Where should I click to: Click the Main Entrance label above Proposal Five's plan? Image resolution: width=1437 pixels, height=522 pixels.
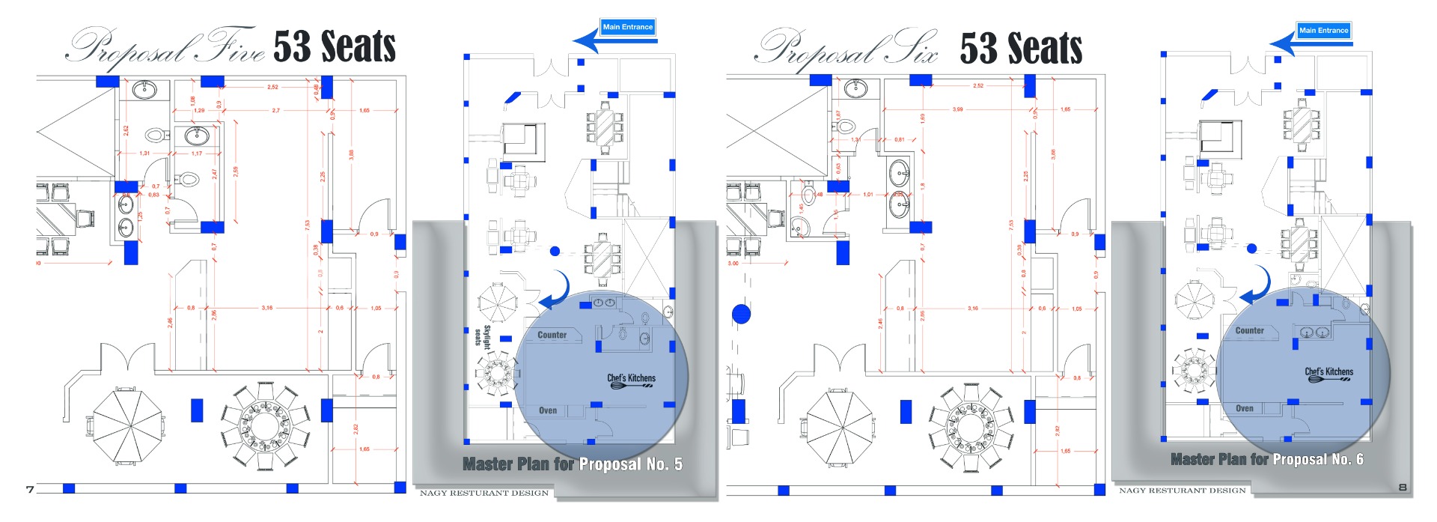click(628, 27)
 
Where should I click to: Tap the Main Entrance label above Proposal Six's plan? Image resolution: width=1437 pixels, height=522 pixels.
click(1323, 31)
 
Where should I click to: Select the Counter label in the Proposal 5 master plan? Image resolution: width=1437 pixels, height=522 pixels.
click(552, 335)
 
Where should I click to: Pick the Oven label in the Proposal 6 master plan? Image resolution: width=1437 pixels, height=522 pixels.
click(1244, 408)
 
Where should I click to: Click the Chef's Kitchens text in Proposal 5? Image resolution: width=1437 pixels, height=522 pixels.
click(631, 378)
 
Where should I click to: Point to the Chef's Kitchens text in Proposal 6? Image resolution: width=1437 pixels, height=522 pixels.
click(1328, 371)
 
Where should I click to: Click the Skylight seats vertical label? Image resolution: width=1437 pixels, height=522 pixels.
click(482, 336)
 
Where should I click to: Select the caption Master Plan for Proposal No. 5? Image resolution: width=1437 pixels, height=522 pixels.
click(573, 464)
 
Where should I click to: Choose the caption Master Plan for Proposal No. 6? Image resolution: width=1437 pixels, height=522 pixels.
click(1266, 459)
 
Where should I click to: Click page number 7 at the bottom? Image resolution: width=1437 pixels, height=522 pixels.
click(30, 490)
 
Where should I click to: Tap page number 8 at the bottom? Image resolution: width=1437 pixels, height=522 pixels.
click(1402, 488)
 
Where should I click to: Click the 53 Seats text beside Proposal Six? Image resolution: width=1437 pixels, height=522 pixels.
click(1021, 49)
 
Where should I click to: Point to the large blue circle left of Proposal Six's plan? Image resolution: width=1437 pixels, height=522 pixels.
click(741, 314)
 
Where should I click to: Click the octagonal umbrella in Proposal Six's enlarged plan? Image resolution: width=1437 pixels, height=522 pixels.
click(838, 428)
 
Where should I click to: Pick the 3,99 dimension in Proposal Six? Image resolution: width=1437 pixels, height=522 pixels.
click(957, 109)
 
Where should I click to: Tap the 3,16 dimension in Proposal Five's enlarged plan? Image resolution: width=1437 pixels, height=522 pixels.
click(267, 308)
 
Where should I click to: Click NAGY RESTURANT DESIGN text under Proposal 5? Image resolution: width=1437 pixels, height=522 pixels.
click(483, 493)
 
